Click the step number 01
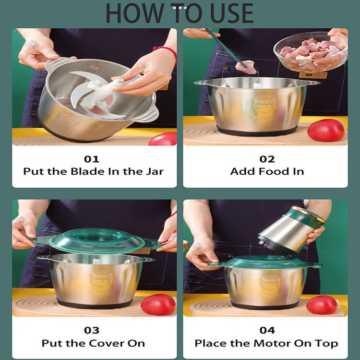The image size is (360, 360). [92, 159]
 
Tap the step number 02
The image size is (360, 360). [267, 159]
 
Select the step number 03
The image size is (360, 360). [92, 330]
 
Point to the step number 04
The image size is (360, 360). [267, 330]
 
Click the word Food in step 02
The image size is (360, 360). [274, 171]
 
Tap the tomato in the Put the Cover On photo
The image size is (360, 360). [158, 304]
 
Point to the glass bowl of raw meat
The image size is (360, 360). [311, 52]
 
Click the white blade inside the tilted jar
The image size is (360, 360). [92, 94]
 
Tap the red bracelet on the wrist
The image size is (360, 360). [167, 53]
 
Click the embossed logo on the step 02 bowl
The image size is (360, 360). [264, 106]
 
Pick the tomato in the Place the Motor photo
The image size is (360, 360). [322, 305]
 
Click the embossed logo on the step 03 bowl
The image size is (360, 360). [102, 280]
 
